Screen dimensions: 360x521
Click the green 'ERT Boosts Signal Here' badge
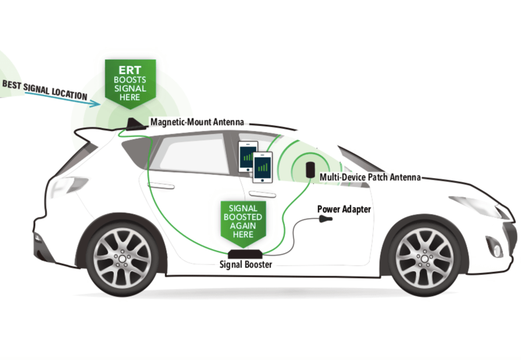click(130, 81)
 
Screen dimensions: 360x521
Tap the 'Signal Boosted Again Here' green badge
click(242, 220)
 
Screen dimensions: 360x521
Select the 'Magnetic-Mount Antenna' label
click(197, 122)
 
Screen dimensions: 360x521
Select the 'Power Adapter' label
click(343, 209)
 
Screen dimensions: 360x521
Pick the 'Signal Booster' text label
click(245, 265)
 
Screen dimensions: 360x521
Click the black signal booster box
click(245, 254)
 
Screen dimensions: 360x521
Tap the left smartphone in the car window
click(248, 156)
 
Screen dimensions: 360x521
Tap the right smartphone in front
click(262, 166)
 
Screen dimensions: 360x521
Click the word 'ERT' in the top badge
click(130, 68)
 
